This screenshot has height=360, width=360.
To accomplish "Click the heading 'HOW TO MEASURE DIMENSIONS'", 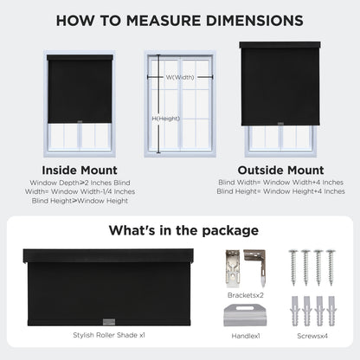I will click(180, 20).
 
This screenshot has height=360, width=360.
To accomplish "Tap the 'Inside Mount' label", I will click(80, 170).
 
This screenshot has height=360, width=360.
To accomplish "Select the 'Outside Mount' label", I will click(280, 170).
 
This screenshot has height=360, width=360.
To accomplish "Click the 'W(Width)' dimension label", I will click(180, 77).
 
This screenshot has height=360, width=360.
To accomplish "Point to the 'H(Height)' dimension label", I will click(166, 119).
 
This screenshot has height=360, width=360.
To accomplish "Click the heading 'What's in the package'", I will click(183, 230).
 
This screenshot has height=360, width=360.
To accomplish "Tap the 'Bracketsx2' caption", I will click(245, 295).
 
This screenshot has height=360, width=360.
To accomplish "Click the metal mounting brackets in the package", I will click(245, 266).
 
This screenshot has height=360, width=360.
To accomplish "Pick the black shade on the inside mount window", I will click(80, 88).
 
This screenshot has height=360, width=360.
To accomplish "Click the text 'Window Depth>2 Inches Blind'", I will click(80, 183).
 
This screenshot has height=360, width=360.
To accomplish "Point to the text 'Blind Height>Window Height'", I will click(80, 200).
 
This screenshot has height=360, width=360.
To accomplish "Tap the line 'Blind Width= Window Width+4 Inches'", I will click(280, 183).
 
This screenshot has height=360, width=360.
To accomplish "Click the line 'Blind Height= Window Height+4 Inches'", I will click(280, 191).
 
